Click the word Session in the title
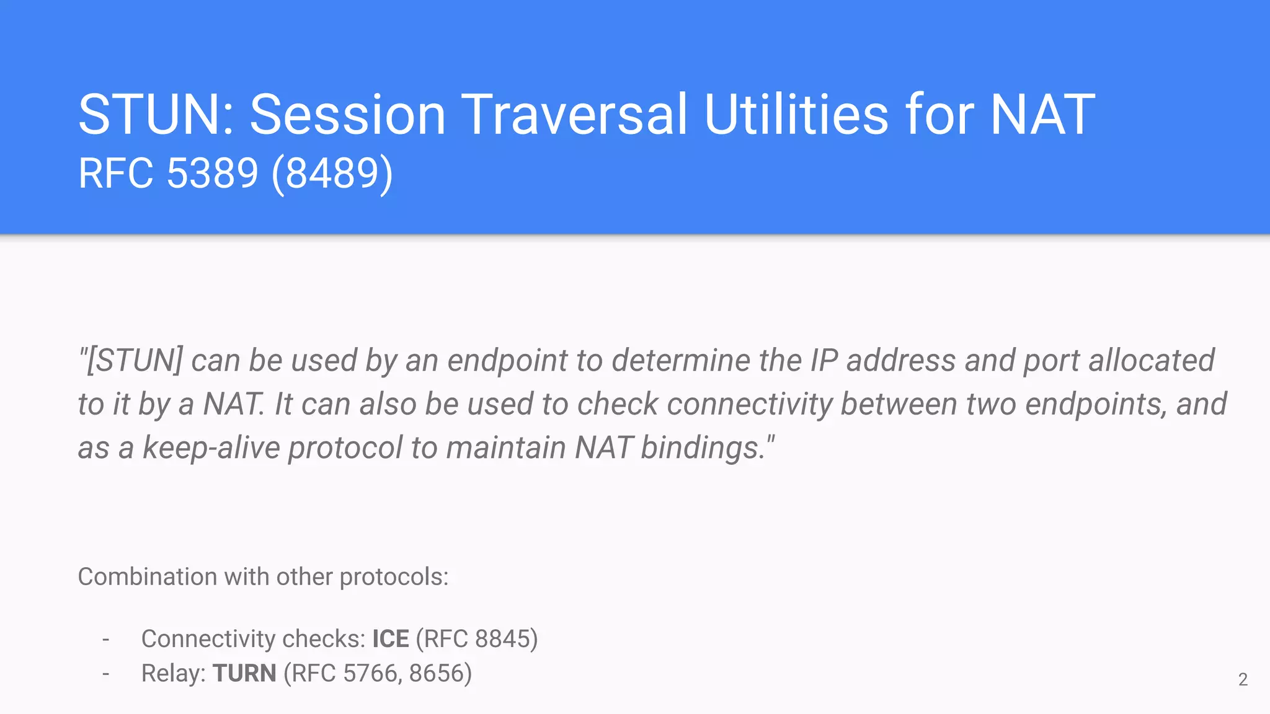[347, 115]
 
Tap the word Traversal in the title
[574, 115]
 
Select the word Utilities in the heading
[796, 115]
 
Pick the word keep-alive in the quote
[211, 447]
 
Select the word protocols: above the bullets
[394, 577]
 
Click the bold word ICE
[390, 639]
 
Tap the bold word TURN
[244, 673]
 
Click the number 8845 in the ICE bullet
[502, 639]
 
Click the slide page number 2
[1243, 680]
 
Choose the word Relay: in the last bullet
[173, 673]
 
